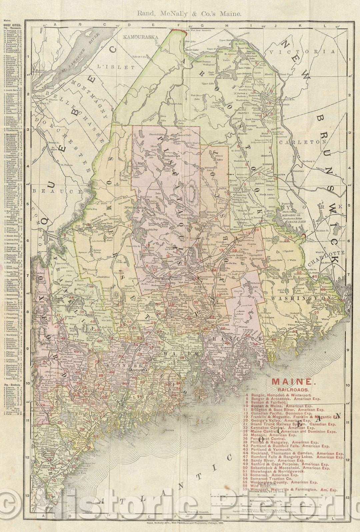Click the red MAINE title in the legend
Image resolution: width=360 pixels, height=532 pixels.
coord(292,382)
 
